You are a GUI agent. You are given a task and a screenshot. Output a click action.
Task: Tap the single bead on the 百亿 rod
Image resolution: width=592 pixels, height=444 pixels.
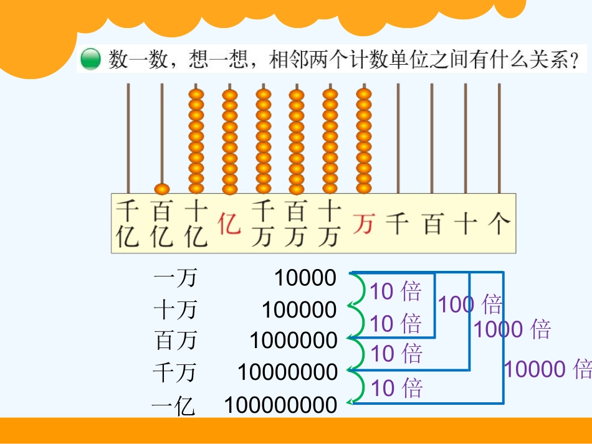tap(162, 188)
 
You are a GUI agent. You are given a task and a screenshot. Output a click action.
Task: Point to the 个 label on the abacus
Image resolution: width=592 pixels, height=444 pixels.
tap(499, 223)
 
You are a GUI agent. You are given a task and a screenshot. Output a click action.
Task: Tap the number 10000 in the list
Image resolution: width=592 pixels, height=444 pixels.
tap(305, 278)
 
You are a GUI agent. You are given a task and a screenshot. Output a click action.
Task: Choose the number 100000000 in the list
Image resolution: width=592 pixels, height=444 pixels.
tap(281, 405)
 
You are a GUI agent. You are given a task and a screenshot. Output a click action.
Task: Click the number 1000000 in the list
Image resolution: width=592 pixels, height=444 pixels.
tap(294, 341)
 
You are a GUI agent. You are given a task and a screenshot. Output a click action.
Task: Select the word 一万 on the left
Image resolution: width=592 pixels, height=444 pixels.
tap(175, 278)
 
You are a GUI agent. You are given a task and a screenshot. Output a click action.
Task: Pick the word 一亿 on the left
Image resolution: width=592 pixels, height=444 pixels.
tap(173, 407)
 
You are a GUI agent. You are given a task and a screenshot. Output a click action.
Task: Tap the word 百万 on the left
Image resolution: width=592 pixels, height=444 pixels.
tap(176, 341)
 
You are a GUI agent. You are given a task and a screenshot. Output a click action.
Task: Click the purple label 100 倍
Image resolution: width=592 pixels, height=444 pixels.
tap(470, 305)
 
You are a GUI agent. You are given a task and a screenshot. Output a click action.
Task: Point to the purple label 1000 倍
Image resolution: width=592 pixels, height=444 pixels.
tap(512, 329)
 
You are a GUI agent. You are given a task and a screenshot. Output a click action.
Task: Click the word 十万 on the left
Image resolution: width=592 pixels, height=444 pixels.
tap(175, 309)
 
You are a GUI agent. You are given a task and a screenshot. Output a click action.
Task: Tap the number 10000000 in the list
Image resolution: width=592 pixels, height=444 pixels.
tap(287, 372)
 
